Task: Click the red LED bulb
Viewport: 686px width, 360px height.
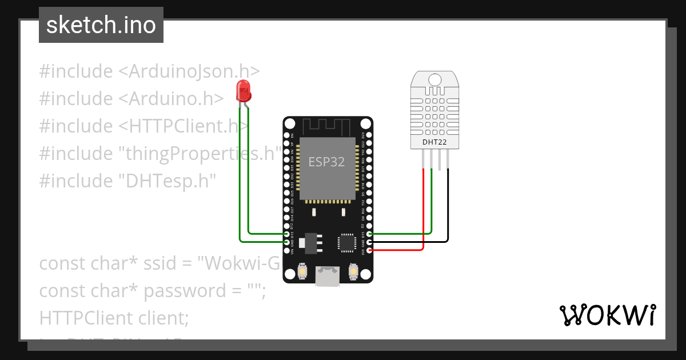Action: [x=243, y=90]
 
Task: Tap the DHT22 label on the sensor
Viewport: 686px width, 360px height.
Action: [x=434, y=142]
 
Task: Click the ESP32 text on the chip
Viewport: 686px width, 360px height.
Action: [x=326, y=162]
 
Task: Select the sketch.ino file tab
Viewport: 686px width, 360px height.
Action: [x=101, y=25]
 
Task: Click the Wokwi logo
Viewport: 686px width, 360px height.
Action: [x=607, y=315]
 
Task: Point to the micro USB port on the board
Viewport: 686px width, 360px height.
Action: [x=328, y=276]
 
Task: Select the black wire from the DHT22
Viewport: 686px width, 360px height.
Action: [x=448, y=206]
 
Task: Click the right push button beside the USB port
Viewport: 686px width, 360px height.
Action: [x=353, y=270]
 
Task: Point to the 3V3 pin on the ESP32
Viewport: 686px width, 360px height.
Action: [x=369, y=250]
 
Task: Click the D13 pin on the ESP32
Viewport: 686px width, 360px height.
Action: [x=287, y=234]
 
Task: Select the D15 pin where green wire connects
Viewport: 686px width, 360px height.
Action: [x=369, y=234]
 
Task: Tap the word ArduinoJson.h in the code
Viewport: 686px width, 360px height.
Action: [x=189, y=71]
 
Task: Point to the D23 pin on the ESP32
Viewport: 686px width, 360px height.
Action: [x=369, y=135]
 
